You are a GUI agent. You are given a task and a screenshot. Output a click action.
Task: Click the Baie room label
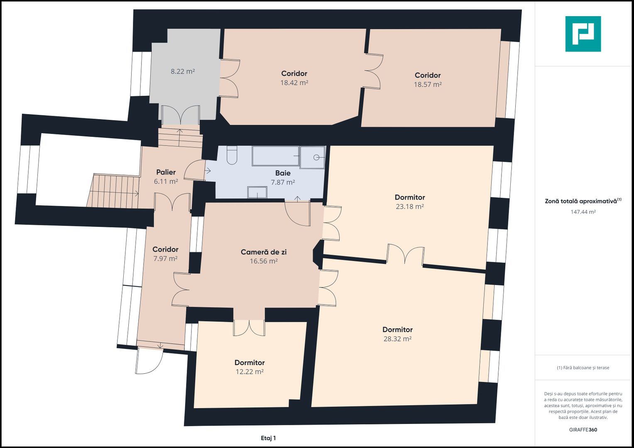[283, 173]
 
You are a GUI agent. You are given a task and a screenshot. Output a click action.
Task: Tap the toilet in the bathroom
[232, 155]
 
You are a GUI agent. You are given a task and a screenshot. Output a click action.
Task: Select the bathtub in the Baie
[276, 156]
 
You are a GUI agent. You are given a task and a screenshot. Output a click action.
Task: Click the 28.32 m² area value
[397, 338]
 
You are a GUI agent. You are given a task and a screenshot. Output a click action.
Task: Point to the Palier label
[166, 172]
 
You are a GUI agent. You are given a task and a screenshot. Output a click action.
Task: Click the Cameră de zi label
[264, 252]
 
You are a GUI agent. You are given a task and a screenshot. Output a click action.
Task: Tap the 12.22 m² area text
[250, 371]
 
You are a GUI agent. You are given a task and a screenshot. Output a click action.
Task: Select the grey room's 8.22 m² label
[183, 71]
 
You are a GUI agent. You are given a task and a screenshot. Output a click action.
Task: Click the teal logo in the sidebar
[583, 34]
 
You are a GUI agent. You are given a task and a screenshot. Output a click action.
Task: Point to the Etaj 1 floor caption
[268, 438]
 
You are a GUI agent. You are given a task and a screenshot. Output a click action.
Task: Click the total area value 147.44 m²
[583, 212]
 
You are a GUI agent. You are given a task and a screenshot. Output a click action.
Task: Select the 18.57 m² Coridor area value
[428, 84]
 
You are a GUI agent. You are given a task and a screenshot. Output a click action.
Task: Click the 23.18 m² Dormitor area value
[410, 207]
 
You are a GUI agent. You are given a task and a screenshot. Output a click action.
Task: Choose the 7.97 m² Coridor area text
[166, 258]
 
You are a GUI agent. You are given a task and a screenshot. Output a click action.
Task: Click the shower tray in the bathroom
[313, 157]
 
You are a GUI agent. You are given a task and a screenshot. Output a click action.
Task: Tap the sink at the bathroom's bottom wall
[257, 192]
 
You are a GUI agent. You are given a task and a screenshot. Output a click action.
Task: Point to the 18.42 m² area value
[294, 83]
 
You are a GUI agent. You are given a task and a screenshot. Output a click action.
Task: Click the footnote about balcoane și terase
[583, 368]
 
